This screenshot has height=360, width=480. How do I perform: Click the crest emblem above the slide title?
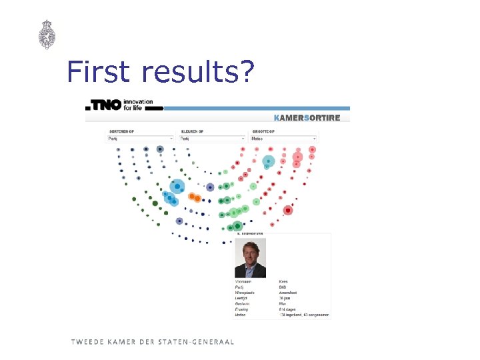(x=47, y=35)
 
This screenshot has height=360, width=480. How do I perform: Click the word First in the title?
(x=101, y=71)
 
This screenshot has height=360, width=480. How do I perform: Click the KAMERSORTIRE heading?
(x=307, y=118)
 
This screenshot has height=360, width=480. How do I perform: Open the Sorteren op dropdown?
(x=141, y=139)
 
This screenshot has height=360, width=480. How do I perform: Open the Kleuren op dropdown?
(x=213, y=139)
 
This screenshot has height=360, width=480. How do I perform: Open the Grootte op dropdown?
(x=284, y=139)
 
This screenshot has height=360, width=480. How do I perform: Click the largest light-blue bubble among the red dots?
(x=268, y=161)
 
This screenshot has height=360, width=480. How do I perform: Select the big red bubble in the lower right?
(x=288, y=211)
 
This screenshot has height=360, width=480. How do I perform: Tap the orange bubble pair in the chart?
(x=194, y=197)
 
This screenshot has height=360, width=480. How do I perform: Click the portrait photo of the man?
(x=250, y=258)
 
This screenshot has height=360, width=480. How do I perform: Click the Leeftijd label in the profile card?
(x=241, y=299)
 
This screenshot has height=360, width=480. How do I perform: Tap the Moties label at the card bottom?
(x=240, y=315)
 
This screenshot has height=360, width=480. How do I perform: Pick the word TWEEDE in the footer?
(x=87, y=342)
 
